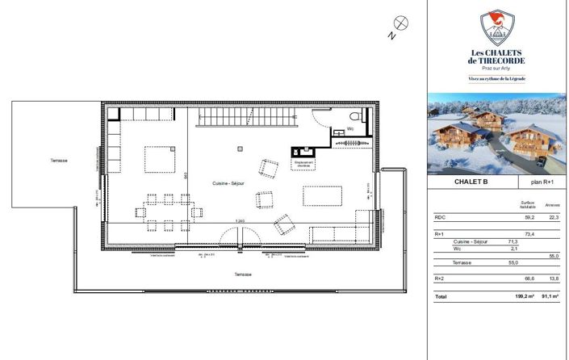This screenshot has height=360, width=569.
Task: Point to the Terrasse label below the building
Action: pyautogui.click(x=243, y=274)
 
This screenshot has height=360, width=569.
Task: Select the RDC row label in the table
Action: pyautogui.click(x=440, y=217)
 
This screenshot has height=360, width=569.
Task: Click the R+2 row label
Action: pyautogui.click(x=440, y=278)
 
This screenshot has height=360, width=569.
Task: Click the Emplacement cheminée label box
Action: pyautogui.click(x=304, y=164)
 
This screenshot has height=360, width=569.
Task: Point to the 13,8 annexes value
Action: pyautogui.click(x=554, y=278)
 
